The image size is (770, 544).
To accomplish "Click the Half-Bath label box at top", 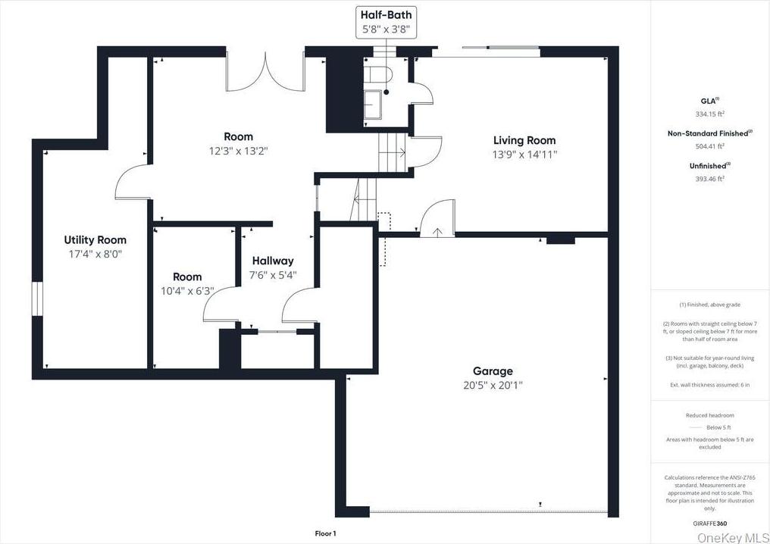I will click(386, 23).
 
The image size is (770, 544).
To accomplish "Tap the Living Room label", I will click(524, 140).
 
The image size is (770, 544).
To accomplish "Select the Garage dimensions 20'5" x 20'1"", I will click(493, 385).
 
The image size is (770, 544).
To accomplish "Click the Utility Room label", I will click(95, 240).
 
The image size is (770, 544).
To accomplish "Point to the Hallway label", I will click(272, 261).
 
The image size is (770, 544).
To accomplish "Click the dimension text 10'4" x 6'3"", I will click(187, 290).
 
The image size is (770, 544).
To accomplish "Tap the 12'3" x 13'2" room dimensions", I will click(238, 151).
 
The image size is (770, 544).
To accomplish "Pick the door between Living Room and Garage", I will click(437, 220).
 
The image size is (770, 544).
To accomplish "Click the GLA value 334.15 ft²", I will click(709, 114).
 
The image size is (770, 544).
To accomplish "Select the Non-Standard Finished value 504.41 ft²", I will click(709, 146).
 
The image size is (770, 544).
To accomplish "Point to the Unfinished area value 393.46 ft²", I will click(709, 179).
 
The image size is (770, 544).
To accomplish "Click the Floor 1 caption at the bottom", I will click(325, 533).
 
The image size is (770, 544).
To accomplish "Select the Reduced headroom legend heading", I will click(709, 415).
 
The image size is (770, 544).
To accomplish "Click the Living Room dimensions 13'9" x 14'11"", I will click(524, 154).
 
